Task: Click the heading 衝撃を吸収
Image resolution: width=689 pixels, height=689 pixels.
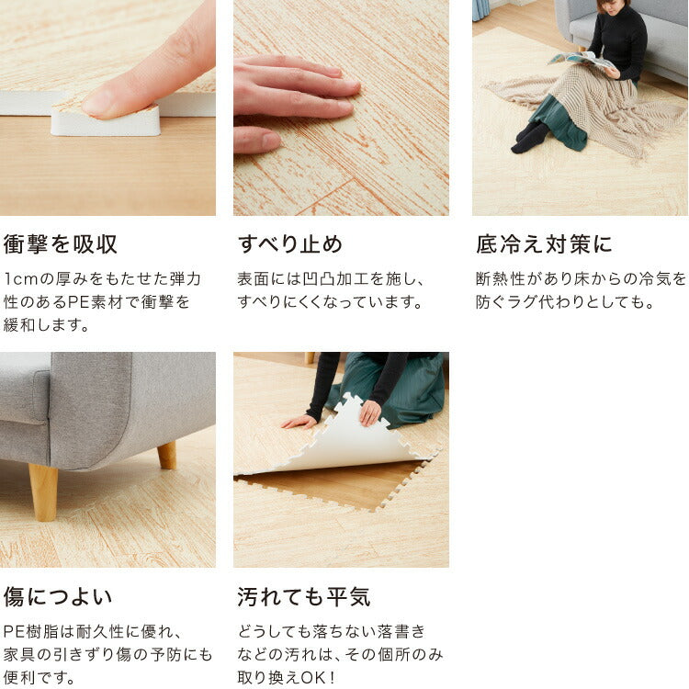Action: coord(61,244)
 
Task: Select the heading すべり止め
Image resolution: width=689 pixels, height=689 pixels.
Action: coord(290,244)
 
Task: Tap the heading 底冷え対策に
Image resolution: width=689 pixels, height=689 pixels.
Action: coord(544,244)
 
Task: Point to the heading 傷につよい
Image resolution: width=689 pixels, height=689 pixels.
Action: coord(58,597)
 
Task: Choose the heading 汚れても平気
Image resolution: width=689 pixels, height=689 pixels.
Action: coord(304,597)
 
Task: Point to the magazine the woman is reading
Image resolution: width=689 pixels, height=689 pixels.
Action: coord(581,61)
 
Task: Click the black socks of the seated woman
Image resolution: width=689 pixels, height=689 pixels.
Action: coord(530,137)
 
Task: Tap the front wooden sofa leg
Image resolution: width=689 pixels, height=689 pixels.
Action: coord(43,492)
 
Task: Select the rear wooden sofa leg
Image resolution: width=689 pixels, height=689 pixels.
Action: coord(167,456)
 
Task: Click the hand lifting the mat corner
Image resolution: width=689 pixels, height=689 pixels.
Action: coord(370,413)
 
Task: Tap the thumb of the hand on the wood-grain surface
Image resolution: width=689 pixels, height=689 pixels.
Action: coord(257,140)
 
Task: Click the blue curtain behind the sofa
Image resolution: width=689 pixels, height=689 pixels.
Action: coord(480,10)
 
